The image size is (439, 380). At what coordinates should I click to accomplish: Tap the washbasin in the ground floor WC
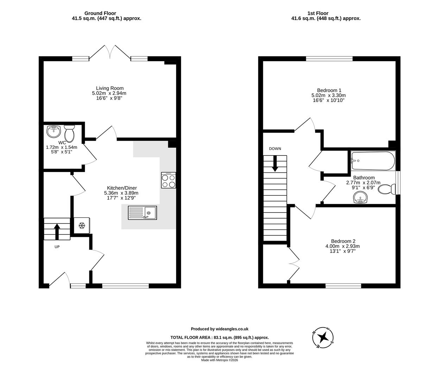click(x=53, y=132)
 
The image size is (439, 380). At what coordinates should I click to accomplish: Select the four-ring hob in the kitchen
click(x=168, y=180)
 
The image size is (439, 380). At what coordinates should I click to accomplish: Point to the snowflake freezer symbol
click(x=82, y=226)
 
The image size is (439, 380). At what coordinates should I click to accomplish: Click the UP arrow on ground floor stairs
click(x=57, y=231)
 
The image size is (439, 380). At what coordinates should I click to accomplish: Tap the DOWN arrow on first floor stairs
click(x=275, y=164)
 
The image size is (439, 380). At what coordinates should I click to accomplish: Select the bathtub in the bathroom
click(x=372, y=161)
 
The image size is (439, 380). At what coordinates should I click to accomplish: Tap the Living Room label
click(x=110, y=88)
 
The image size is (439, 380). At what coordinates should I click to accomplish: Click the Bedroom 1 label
click(x=329, y=90)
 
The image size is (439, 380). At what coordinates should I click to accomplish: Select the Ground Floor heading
click(x=100, y=13)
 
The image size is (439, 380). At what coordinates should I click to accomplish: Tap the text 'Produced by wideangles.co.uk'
click(x=219, y=329)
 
